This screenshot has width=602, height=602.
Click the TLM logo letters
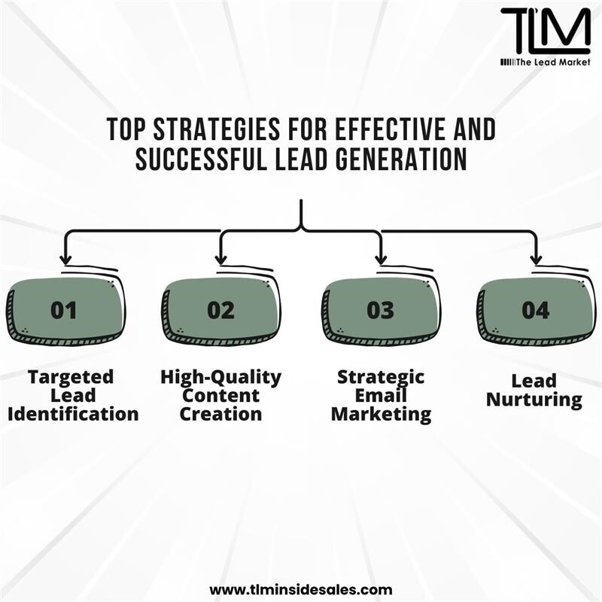[x=546, y=31]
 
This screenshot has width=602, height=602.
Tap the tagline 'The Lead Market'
[x=553, y=62]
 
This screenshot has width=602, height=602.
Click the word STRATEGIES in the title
[x=217, y=129]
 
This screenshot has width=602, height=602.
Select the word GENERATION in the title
[x=401, y=159]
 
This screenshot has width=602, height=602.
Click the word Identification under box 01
[x=73, y=414]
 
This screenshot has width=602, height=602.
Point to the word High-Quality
[x=220, y=378]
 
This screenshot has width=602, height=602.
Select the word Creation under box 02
[x=220, y=414]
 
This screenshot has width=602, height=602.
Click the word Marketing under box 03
[x=381, y=415]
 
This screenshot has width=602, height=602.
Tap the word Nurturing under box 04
[x=534, y=400]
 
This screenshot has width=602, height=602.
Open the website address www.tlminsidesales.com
[x=301, y=589]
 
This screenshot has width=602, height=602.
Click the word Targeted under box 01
[x=71, y=378]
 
